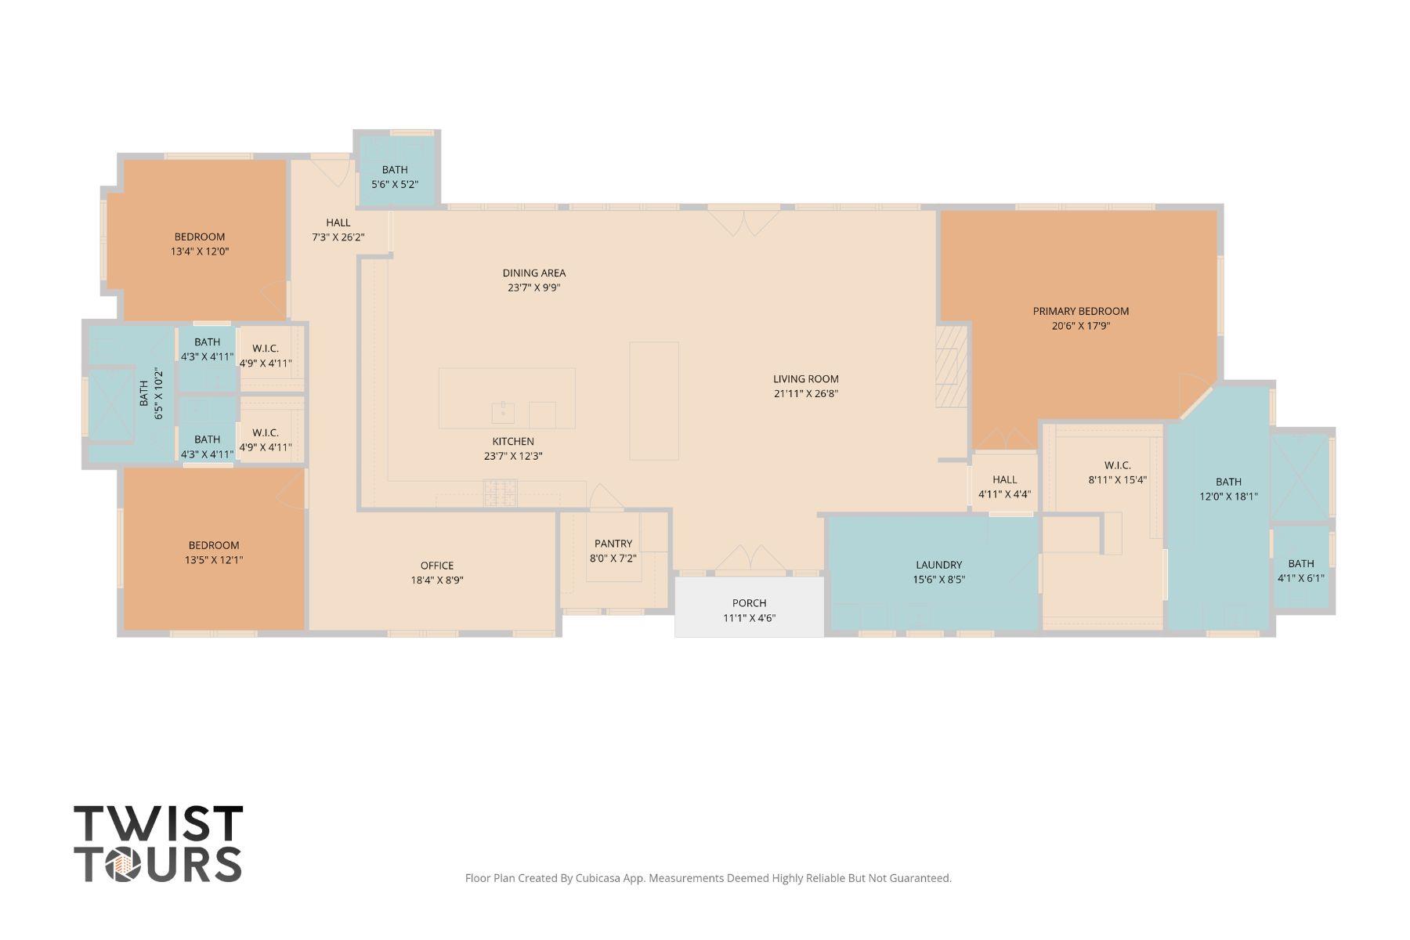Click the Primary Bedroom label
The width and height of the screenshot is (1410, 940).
pyautogui.click(x=1080, y=311)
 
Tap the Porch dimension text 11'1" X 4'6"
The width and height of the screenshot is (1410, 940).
pyautogui.click(x=749, y=618)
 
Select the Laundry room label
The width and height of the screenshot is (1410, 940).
pyautogui.click(x=938, y=565)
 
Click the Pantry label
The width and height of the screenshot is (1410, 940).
pyautogui.click(x=613, y=544)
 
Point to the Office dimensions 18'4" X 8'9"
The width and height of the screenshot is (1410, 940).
pyautogui.click(x=437, y=580)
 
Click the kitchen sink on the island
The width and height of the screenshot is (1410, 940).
pyautogui.click(x=502, y=411)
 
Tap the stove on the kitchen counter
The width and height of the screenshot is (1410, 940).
pyautogui.click(x=500, y=493)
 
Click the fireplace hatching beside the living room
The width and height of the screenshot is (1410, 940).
pyautogui.click(x=952, y=367)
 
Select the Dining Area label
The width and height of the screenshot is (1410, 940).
pyautogui.click(x=533, y=273)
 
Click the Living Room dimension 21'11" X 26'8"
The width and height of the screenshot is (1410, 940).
pyautogui.click(x=805, y=394)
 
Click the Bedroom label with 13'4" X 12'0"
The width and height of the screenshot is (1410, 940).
pyautogui.click(x=199, y=237)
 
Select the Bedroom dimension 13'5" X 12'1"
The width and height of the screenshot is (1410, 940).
pyautogui.click(x=213, y=560)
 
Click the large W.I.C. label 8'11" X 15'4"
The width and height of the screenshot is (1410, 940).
pyautogui.click(x=1117, y=465)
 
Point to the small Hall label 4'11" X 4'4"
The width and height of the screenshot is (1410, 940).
pyautogui.click(x=1004, y=479)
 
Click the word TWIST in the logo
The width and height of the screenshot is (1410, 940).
pyautogui.click(x=158, y=823)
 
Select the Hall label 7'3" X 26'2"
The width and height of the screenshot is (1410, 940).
pyautogui.click(x=338, y=223)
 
